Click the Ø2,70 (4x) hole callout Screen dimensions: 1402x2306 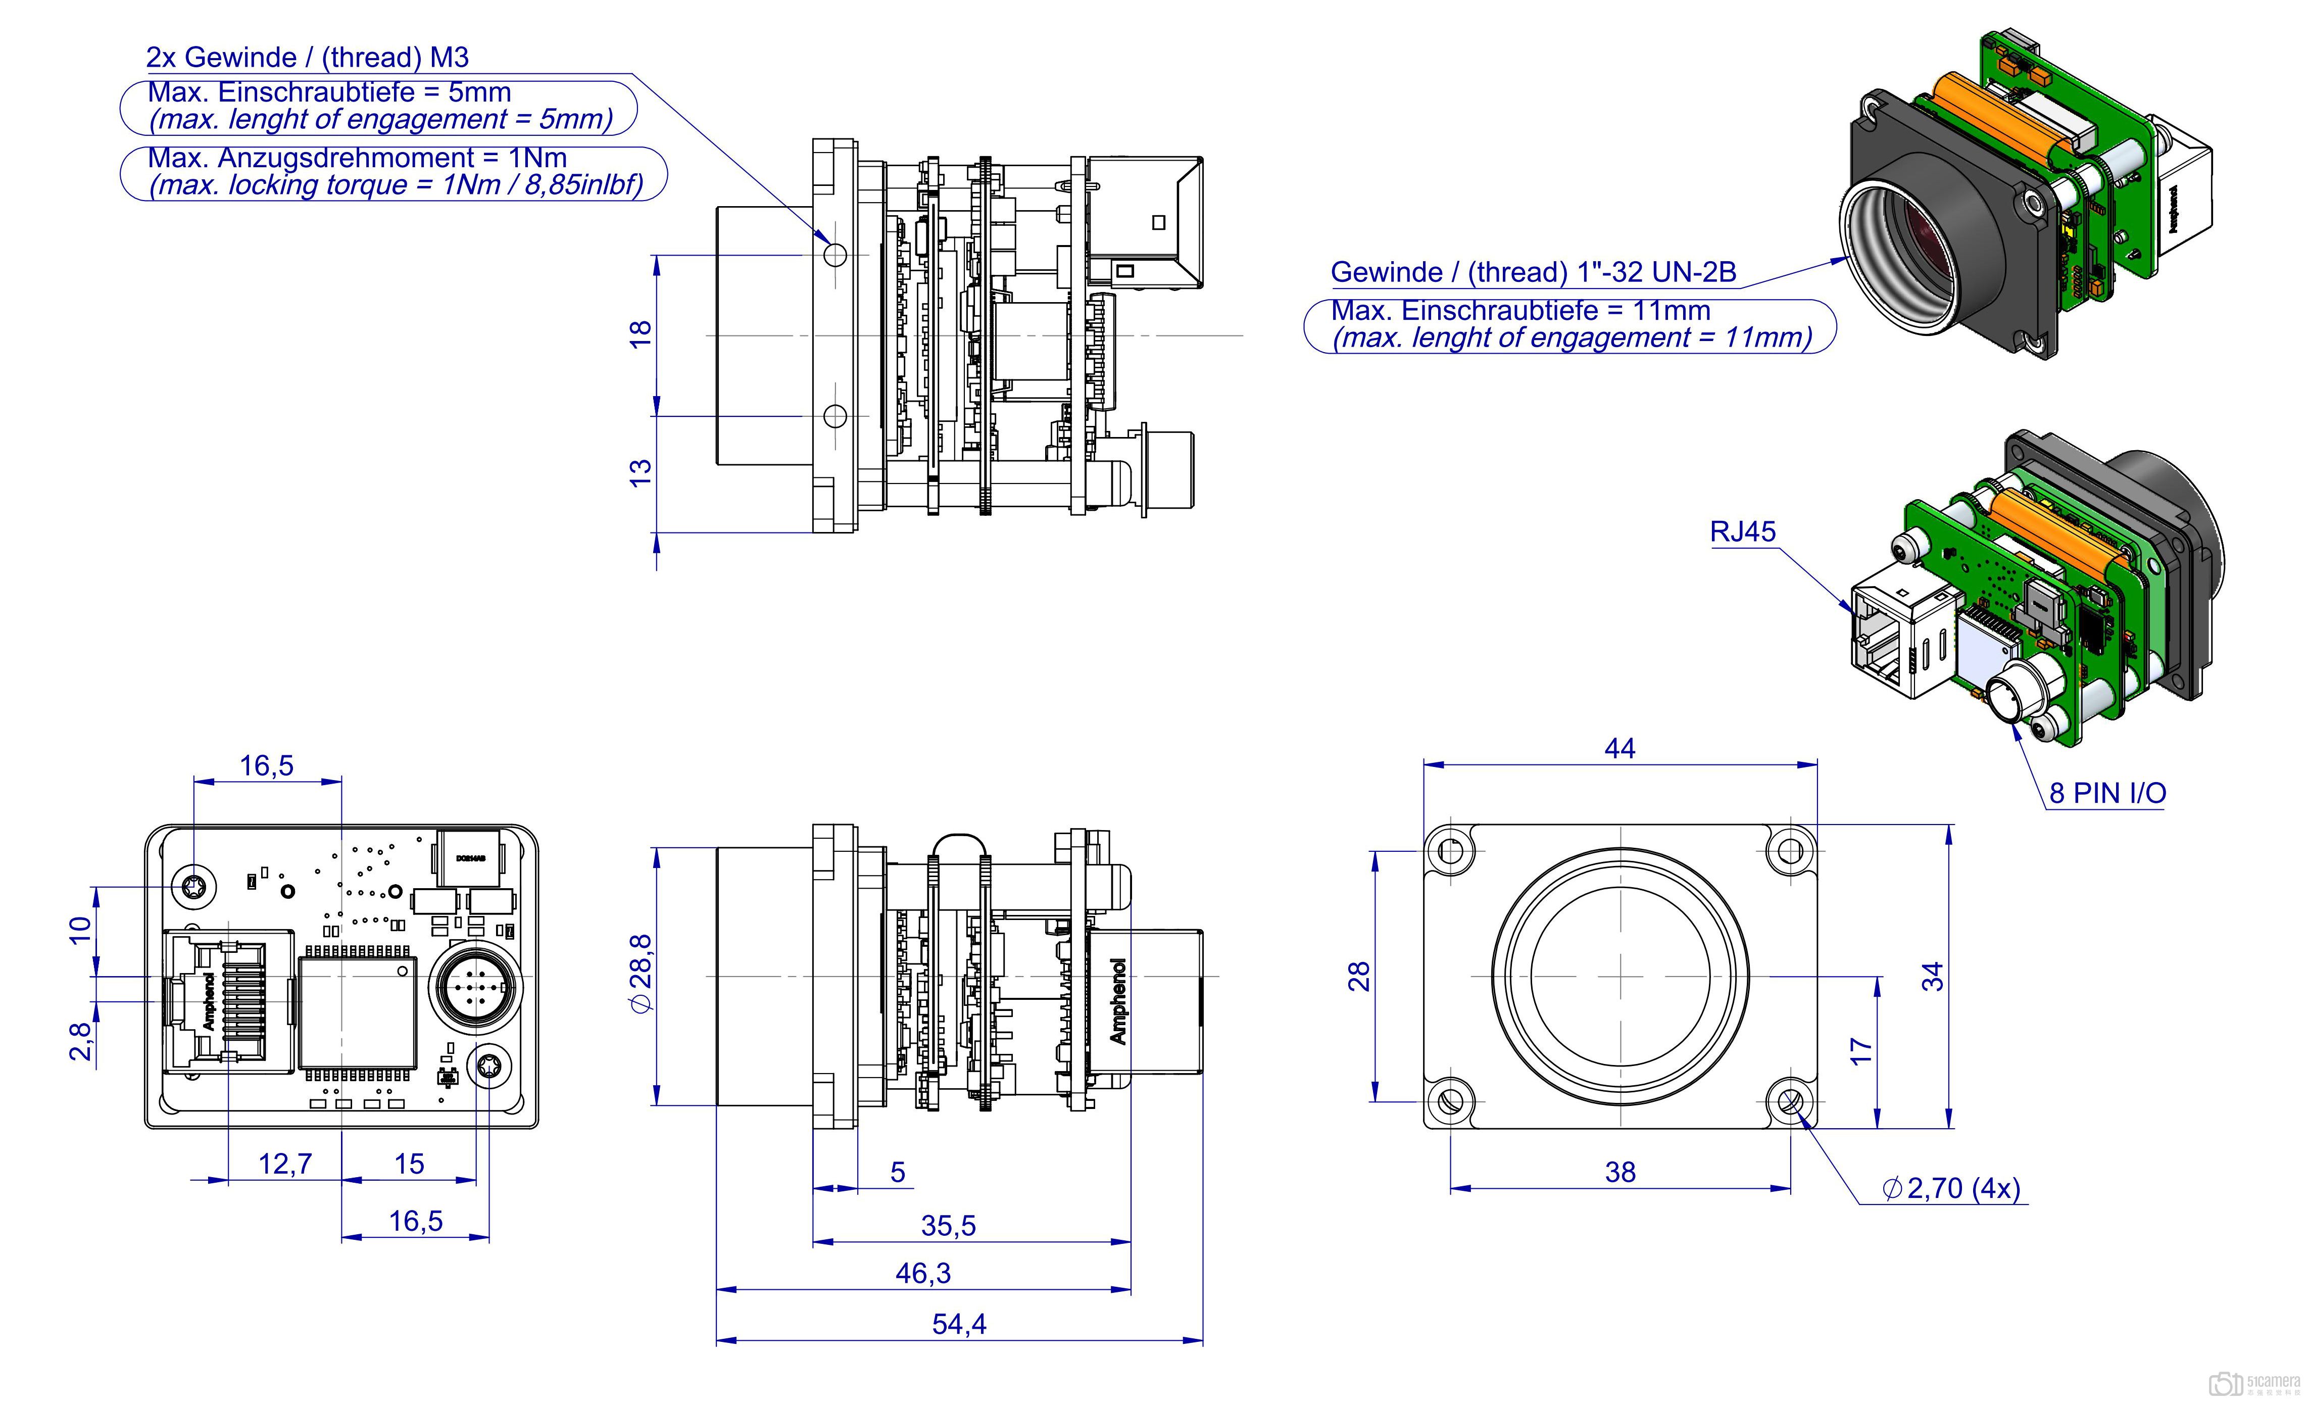[1951, 1189]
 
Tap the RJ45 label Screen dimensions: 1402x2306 [1743, 531]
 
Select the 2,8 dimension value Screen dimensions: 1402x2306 [81, 1041]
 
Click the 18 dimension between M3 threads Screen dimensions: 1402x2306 [640, 334]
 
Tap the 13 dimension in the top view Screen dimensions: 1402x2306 [640, 472]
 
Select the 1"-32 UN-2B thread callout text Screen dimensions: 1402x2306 [1533, 272]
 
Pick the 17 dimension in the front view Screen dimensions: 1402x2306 [1861, 1050]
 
